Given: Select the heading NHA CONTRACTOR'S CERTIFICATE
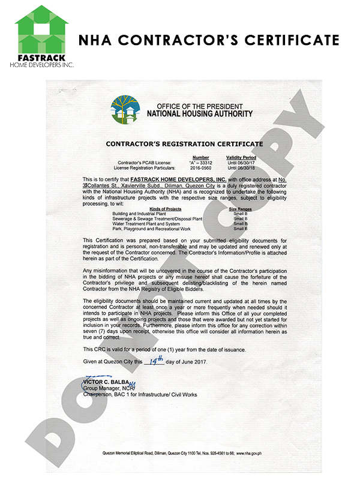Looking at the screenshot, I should pyautogui.click(x=209, y=40).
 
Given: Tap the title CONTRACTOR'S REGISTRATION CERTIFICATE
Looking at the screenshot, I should pyautogui.click(x=184, y=144).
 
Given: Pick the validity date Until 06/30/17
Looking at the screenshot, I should pyautogui.click(x=239, y=163).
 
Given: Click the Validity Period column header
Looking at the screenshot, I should pyautogui.click(x=240, y=157).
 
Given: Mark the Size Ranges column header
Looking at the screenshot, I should pyautogui.click(x=241, y=208).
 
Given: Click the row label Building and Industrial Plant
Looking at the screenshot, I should pyautogui.click(x=138, y=213).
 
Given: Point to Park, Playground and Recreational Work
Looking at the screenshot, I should pyautogui.click(x=148, y=229).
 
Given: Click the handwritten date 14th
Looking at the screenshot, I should pyautogui.click(x=158, y=360).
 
